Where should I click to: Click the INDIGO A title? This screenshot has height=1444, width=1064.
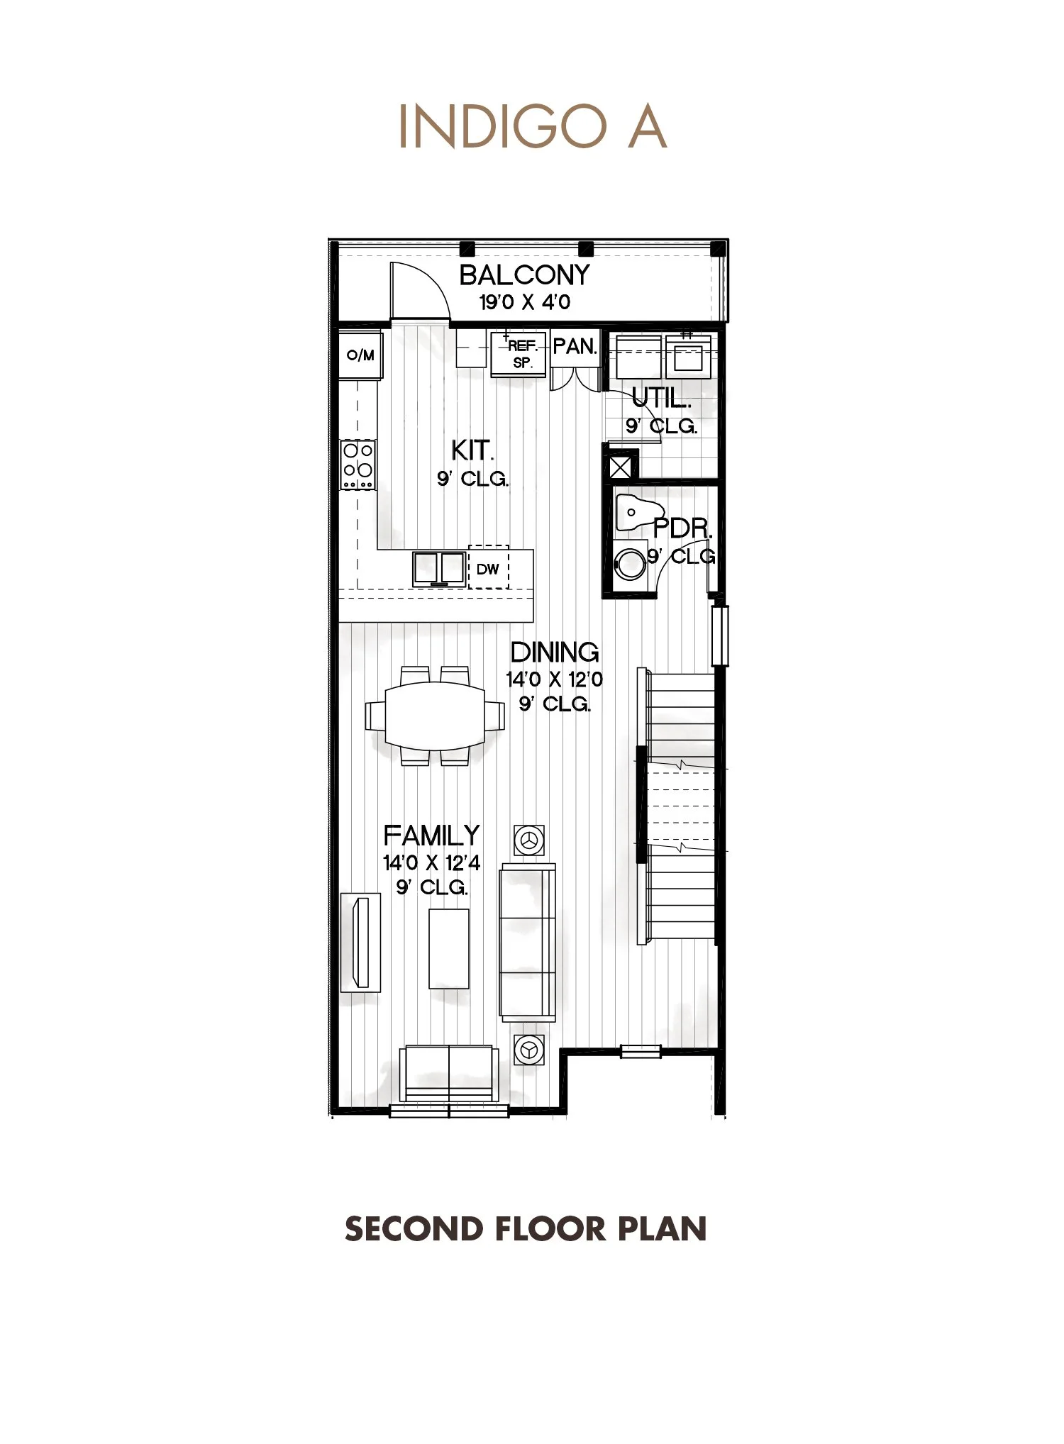(x=532, y=127)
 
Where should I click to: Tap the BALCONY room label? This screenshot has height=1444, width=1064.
(x=524, y=275)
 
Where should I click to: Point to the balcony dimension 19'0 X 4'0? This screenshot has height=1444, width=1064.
(x=524, y=302)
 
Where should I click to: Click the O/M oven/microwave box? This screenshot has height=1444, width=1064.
(x=360, y=355)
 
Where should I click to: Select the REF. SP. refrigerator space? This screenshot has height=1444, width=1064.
(x=520, y=354)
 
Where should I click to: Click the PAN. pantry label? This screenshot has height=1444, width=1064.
(x=575, y=347)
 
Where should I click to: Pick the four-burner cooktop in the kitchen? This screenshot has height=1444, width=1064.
(x=358, y=465)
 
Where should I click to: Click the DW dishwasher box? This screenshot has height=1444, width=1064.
(x=488, y=568)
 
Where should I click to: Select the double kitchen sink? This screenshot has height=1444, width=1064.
(x=439, y=568)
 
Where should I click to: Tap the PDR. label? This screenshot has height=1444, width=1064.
(x=682, y=528)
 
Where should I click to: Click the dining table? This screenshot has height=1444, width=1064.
(x=435, y=715)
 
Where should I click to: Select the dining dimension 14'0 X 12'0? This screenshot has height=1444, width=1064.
(x=554, y=679)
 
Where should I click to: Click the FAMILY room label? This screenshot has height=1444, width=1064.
(x=431, y=835)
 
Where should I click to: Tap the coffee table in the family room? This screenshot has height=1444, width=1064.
(x=448, y=948)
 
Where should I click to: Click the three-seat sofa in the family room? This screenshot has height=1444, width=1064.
(x=528, y=943)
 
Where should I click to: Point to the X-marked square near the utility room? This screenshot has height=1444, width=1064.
(x=620, y=467)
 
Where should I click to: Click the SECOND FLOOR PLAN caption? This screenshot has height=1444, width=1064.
(x=526, y=1229)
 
